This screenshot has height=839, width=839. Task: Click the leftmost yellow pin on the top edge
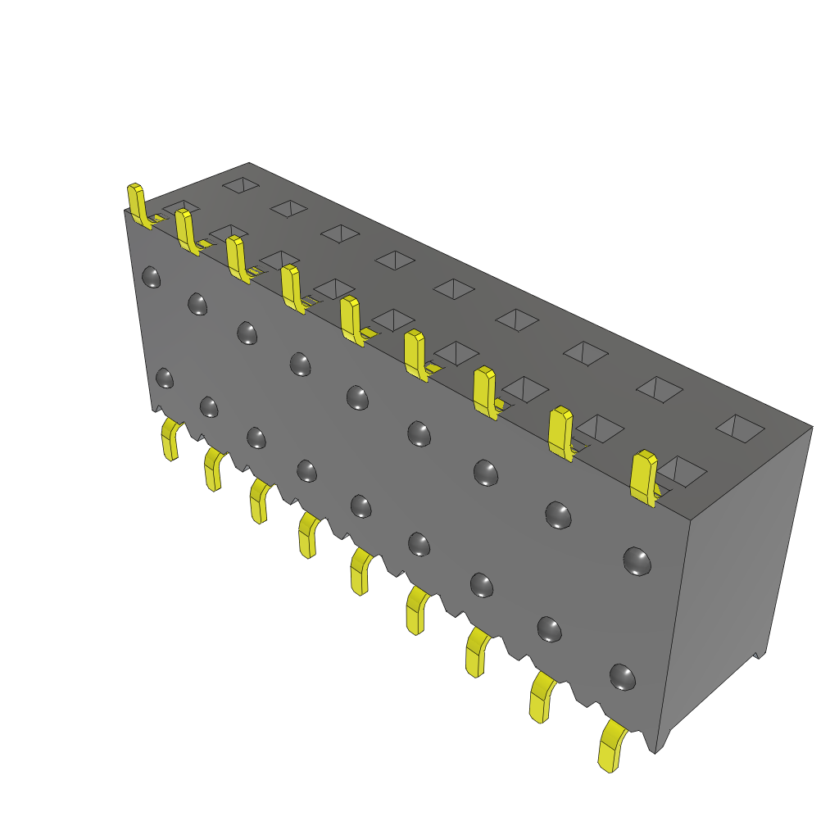(x=137, y=203)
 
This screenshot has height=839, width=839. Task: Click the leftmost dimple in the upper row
(x=151, y=277)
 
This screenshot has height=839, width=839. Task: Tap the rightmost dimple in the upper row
(x=637, y=561)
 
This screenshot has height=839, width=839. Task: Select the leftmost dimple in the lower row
(x=164, y=379)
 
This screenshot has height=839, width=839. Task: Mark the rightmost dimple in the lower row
(x=623, y=677)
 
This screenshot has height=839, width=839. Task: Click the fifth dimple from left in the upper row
(x=357, y=397)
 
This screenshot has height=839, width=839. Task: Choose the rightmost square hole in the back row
(x=741, y=426)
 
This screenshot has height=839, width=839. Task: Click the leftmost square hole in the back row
(x=243, y=186)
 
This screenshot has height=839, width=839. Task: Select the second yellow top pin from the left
(x=185, y=230)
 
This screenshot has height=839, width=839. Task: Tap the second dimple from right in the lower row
(x=549, y=629)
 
